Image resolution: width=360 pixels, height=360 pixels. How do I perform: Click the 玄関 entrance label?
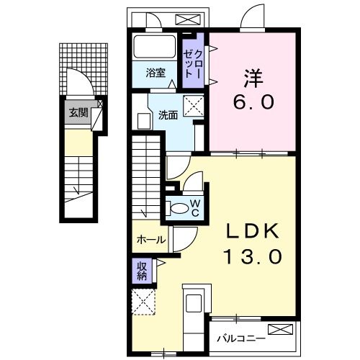79,112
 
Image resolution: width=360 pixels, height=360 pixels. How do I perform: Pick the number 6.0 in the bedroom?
253,102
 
